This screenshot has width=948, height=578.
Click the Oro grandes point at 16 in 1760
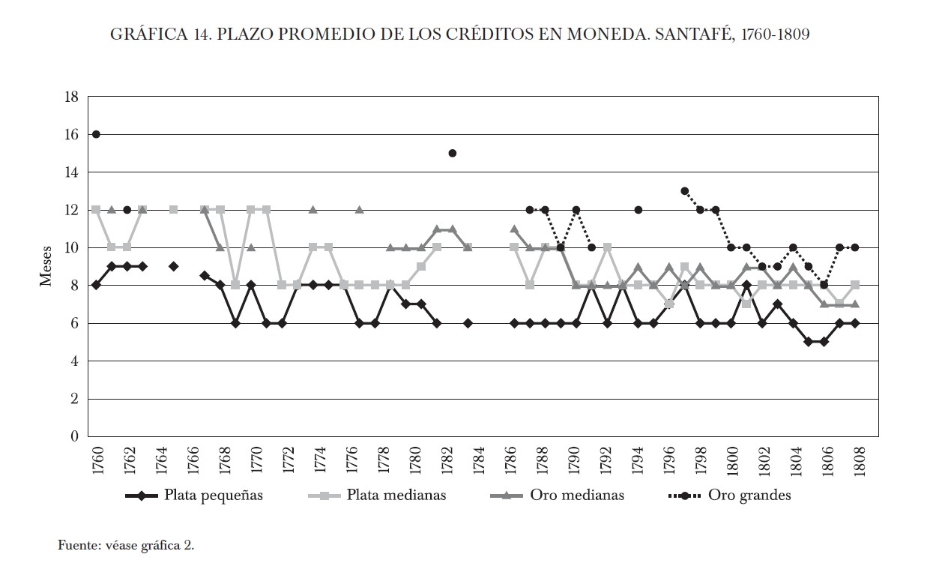pos(96,134)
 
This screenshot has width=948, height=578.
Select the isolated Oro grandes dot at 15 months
pos(453,153)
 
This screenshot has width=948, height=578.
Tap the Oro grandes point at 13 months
pos(684,191)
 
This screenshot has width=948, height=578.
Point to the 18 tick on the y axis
pos(72,97)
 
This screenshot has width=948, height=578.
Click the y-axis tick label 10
pos(72,248)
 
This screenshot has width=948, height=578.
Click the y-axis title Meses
pos(46,266)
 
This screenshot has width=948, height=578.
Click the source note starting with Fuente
pos(126,545)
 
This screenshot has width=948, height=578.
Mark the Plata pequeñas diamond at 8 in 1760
pos(96,285)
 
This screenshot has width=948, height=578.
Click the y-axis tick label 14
pos(72,172)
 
